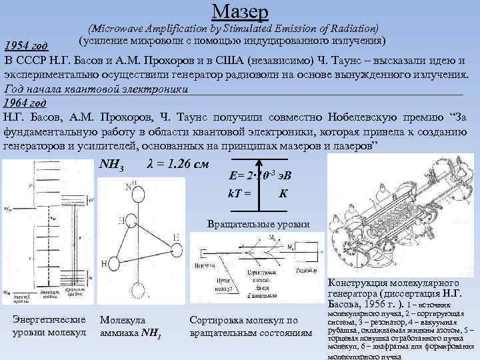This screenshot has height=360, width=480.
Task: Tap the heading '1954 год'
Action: coord(26,46)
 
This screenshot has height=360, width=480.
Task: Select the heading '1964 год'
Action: coord(25,103)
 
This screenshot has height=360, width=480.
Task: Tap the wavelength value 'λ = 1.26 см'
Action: coord(176,164)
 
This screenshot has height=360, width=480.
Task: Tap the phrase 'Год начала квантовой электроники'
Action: coord(97,89)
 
